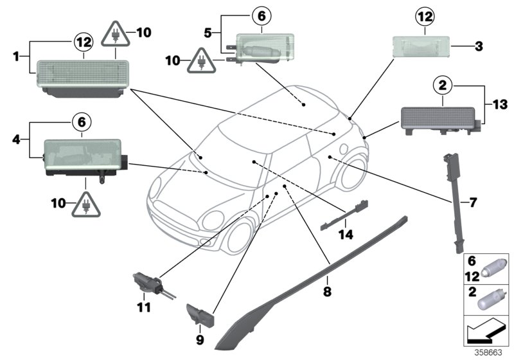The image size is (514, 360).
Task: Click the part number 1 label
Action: coord(15,56)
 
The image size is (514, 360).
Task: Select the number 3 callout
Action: coord(478,47)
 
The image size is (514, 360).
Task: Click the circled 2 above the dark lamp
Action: coord(443,84)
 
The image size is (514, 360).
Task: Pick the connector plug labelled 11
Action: coord(147,283)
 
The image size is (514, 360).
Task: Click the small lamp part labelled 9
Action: coord(200,316)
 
